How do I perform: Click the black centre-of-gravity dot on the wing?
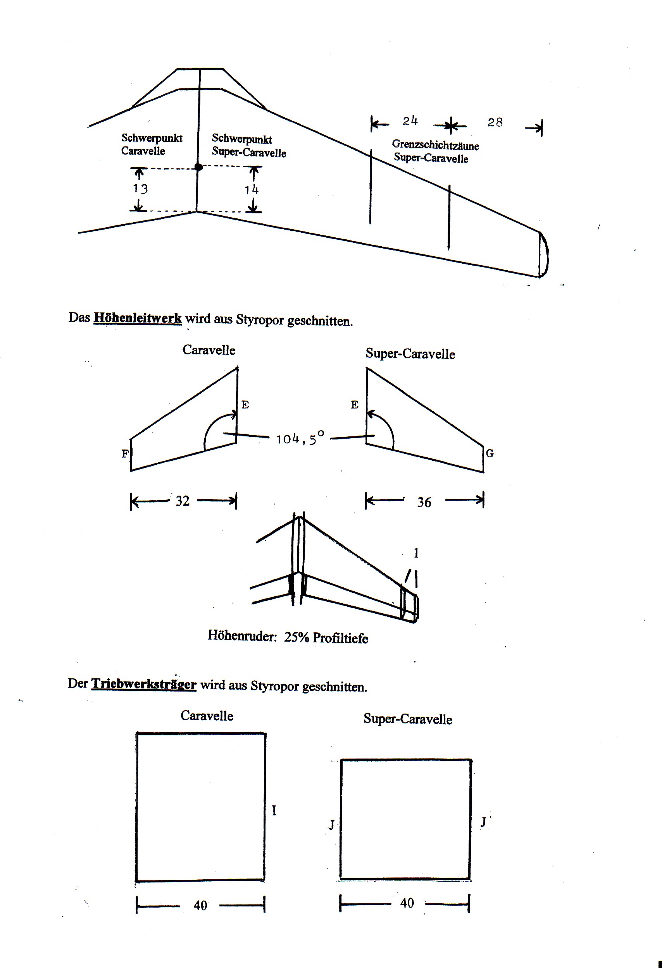click(x=199, y=167)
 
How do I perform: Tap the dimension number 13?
click(x=140, y=189)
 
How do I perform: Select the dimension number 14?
click(x=252, y=190)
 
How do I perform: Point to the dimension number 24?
click(x=410, y=121)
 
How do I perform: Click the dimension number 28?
click(x=495, y=122)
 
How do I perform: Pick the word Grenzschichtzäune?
click(x=435, y=145)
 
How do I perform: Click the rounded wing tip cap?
click(x=544, y=254)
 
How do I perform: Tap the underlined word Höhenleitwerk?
click(x=138, y=318)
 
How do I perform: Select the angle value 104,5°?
click(x=300, y=438)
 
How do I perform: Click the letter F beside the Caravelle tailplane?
click(x=125, y=454)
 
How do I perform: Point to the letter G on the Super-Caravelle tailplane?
click(x=490, y=453)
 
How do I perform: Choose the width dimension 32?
click(x=183, y=501)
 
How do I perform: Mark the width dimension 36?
click(x=424, y=502)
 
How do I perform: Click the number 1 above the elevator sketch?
click(x=415, y=553)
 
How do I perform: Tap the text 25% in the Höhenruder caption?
click(x=297, y=637)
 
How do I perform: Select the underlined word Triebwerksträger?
click(x=144, y=684)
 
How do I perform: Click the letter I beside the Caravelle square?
click(x=274, y=810)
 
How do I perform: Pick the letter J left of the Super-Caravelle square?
click(x=331, y=825)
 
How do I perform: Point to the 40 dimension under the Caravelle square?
click(x=200, y=905)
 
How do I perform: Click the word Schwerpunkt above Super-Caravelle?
click(x=242, y=139)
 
